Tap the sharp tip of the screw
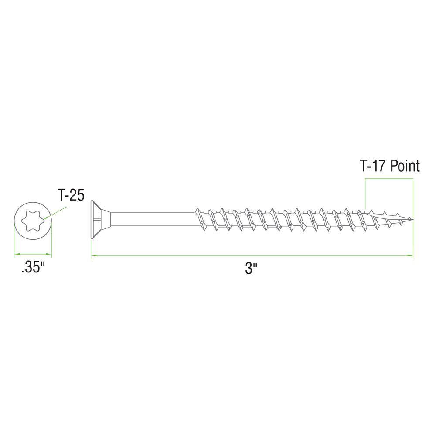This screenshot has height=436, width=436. [412, 219]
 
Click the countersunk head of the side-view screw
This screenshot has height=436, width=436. [98, 220]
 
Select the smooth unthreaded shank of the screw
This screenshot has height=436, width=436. [153, 219]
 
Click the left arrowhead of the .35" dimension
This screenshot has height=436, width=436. [16, 254]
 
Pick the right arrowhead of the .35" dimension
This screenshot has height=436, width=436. [49, 254]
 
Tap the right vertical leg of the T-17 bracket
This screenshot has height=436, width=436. [413, 196]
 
